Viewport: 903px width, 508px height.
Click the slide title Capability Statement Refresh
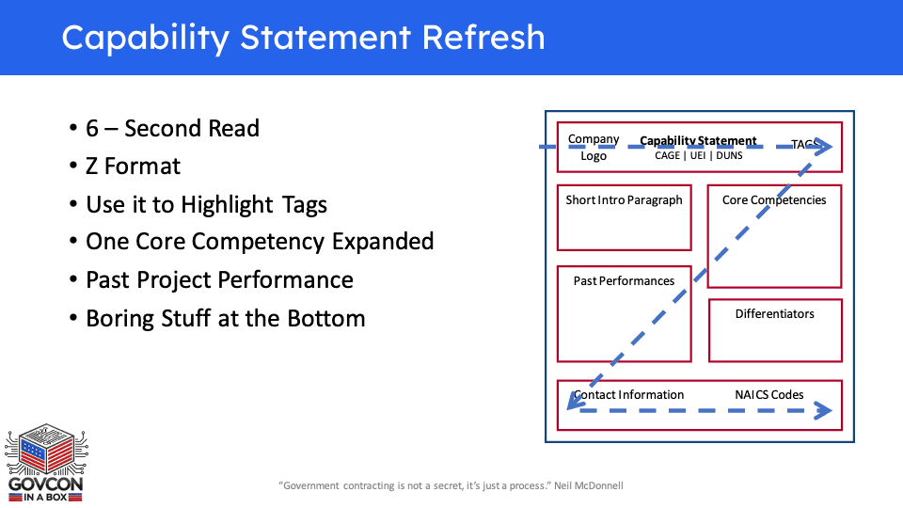(x=303, y=38)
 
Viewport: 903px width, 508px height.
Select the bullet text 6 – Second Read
(x=172, y=128)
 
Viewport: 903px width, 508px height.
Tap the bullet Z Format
(x=133, y=167)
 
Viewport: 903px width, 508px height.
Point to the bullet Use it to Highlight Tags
(x=206, y=204)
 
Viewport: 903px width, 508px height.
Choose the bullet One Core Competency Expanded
(x=260, y=242)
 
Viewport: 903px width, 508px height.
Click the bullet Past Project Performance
(x=219, y=280)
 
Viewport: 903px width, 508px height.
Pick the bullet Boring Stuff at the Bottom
(x=225, y=318)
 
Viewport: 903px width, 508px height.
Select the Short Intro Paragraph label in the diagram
(x=624, y=200)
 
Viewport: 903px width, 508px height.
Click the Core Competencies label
(x=774, y=200)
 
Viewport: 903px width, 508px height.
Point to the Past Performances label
(x=624, y=281)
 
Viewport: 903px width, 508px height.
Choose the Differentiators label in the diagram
(x=775, y=314)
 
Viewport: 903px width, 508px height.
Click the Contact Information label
(x=629, y=395)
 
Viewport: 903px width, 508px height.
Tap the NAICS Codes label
(x=769, y=395)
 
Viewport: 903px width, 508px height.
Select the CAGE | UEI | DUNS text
(x=698, y=156)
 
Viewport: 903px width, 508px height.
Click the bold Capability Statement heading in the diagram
(x=698, y=141)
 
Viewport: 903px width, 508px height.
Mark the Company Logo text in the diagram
(x=594, y=148)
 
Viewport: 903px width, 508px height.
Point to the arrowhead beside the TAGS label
(x=824, y=147)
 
